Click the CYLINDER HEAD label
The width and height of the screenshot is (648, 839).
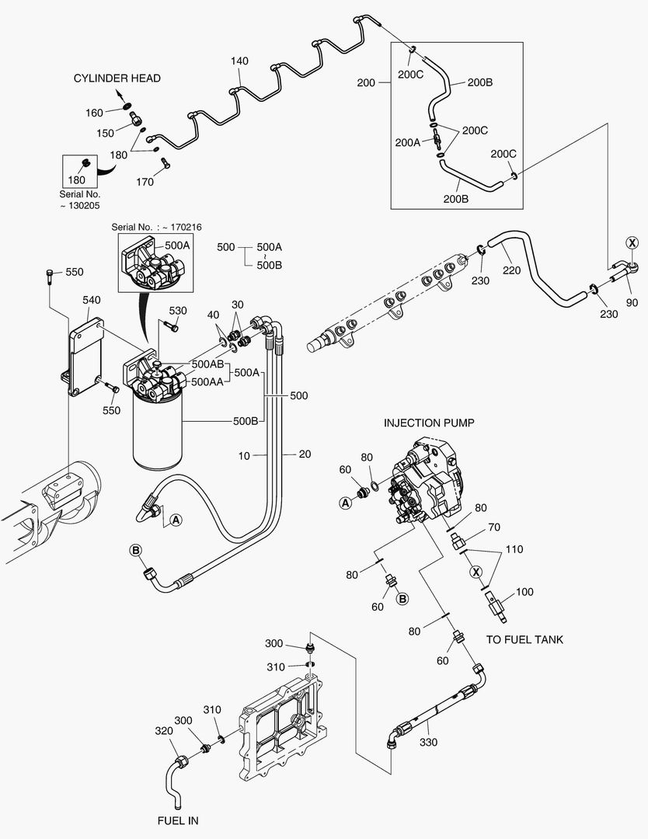pos(117,78)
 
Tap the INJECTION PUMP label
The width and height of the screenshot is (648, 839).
pos(429,423)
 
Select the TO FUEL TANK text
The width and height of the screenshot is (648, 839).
pos(524,639)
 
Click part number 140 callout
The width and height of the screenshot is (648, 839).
pos(239,60)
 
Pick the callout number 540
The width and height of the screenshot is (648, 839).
pos(92,299)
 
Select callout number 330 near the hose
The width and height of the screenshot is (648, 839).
pos(428,742)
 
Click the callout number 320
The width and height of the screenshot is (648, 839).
pos(164,730)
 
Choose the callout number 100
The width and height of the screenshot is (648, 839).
pos(524,592)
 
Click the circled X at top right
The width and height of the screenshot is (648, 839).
pos(632,243)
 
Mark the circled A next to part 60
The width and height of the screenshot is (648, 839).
pos(344,503)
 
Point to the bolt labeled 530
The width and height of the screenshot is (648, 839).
pos(172,326)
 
